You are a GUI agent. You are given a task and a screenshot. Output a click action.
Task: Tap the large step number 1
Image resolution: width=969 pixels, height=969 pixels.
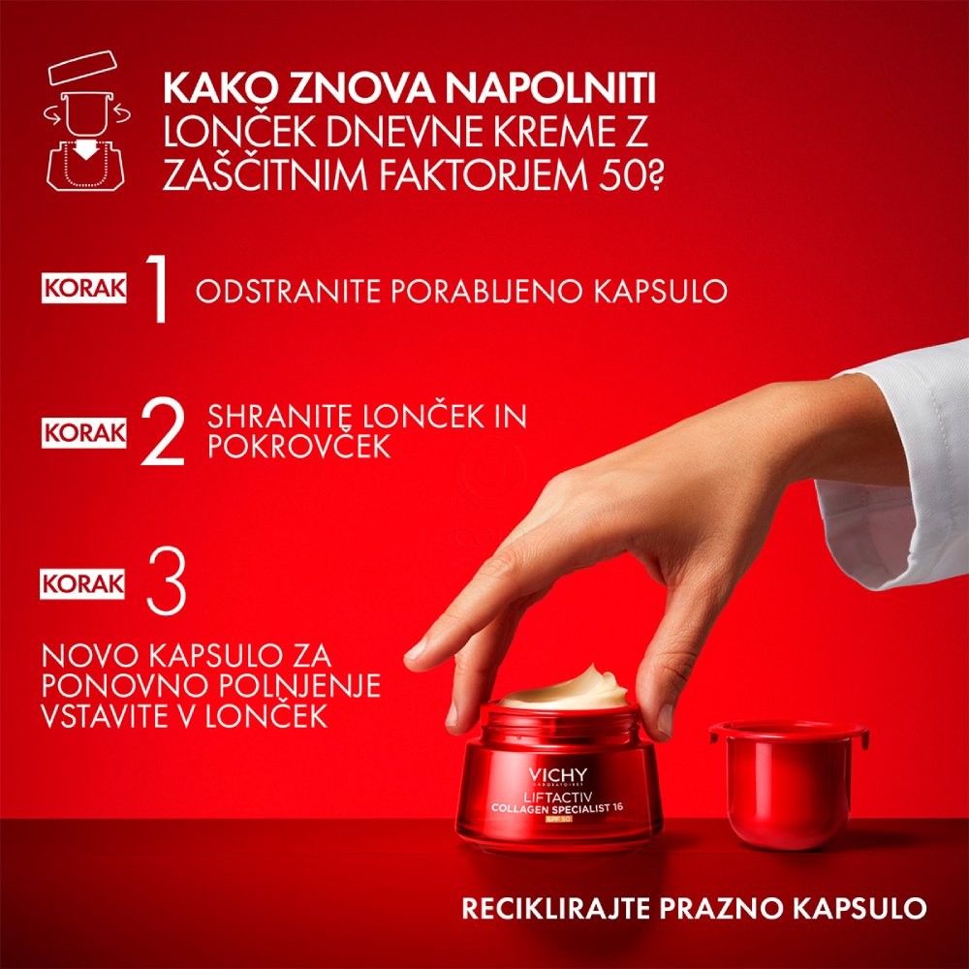coord(155,290)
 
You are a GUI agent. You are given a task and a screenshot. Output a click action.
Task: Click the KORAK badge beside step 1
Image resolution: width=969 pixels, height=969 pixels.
coord(84,290)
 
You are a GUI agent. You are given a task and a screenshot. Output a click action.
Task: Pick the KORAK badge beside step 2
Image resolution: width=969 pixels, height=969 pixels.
coord(84,432)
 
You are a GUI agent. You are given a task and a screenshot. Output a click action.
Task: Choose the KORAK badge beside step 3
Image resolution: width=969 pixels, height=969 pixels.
coord(84,583)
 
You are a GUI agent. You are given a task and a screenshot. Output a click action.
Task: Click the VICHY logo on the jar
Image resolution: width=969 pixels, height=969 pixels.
coord(558,774)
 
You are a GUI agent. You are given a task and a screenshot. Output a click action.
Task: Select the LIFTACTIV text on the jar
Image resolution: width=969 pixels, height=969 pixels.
coord(558,795)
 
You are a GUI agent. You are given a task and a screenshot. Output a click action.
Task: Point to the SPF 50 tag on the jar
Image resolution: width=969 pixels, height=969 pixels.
coord(558,821)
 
